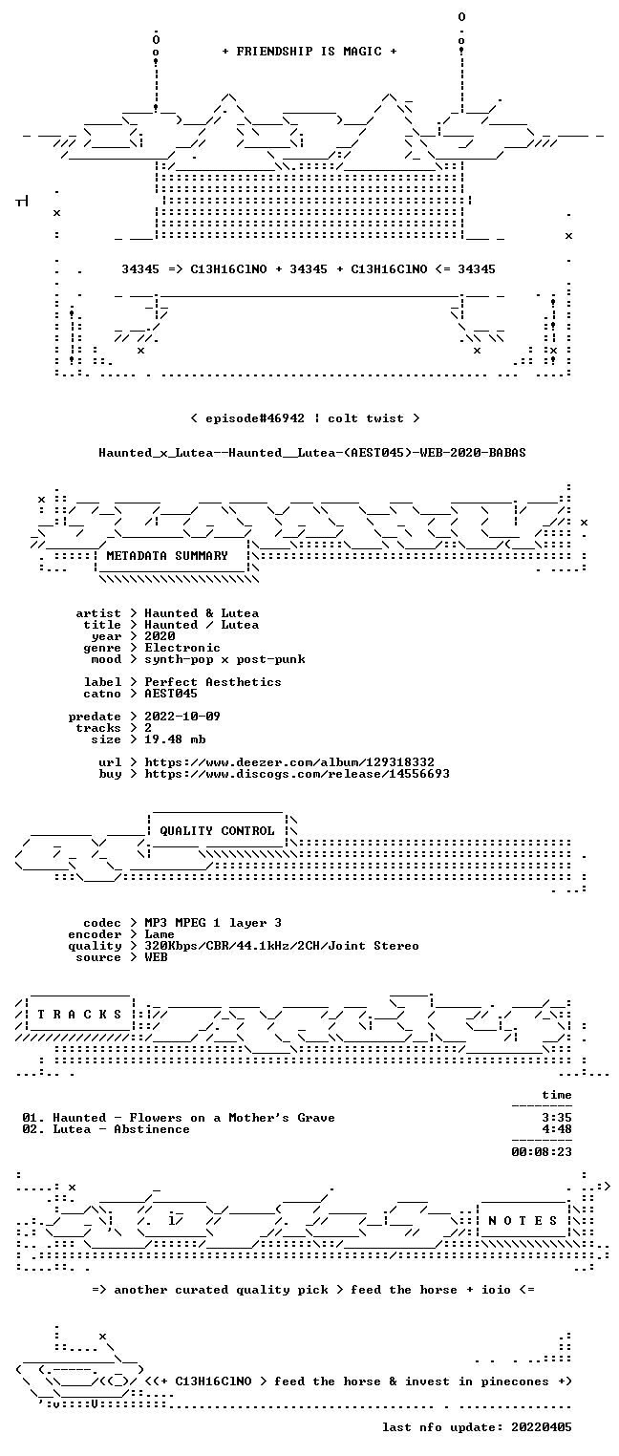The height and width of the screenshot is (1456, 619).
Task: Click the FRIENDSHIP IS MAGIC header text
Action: [309, 52]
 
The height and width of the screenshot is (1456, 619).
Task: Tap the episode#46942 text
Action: [255, 418]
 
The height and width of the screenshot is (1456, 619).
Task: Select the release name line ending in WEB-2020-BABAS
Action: [312, 453]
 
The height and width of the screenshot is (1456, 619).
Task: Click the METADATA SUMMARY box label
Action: [167, 556]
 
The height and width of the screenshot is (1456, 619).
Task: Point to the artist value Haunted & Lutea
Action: [202, 613]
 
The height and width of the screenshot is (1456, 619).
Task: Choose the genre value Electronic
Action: [182, 648]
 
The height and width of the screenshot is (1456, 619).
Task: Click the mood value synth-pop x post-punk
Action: [224, 659]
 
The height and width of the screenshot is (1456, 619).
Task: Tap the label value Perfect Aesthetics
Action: [213, 682]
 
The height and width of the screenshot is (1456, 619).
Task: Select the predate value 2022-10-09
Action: [182, 717]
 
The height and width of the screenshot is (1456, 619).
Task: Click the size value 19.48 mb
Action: [175, 739]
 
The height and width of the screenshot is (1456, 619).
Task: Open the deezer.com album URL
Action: [289, 761]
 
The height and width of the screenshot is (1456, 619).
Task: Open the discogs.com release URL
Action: [297, 774]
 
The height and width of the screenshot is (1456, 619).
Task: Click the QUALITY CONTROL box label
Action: [217, 830]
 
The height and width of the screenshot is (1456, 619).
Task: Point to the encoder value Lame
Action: [160, 934]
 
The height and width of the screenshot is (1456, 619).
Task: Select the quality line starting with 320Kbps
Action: [282, 946]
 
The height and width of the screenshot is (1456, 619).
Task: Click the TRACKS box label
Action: [79, 1014]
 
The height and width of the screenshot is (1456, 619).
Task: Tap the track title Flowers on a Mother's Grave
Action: [232, 1118]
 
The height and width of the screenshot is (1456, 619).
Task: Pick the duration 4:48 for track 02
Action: [557, 1129]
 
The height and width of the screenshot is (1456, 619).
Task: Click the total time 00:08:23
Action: [542, 1152]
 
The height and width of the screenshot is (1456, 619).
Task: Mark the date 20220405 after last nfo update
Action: [542, 1427]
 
